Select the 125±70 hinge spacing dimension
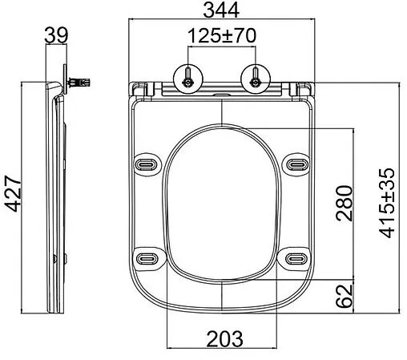point(221,36)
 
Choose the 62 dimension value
point(343,296)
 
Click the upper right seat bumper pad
point(294,163)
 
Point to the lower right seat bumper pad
point(294,257)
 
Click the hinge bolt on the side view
point(80,82)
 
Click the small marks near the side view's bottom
point(54,258)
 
